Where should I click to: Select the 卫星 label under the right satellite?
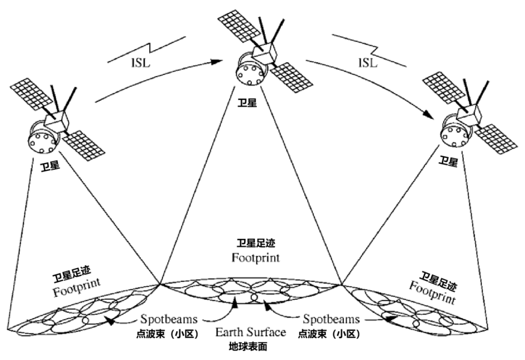point(448,161)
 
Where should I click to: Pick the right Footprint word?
point(432,290)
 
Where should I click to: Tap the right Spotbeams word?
point(331,320)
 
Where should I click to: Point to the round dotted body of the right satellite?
point(455,134)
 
